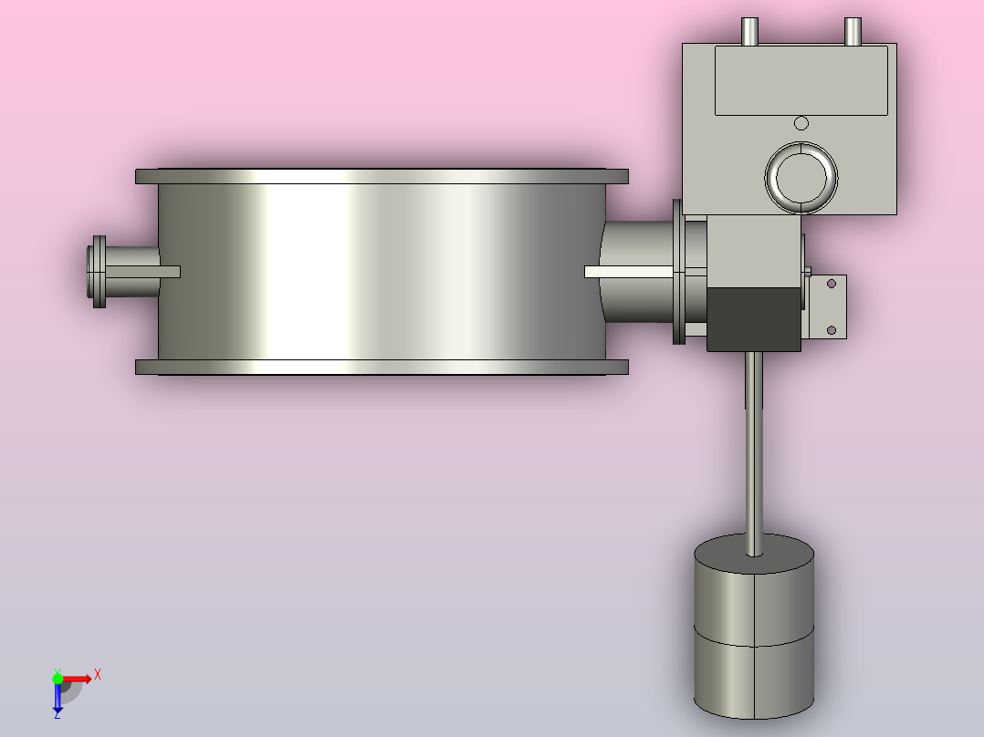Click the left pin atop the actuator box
[750, 31]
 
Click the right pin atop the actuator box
[853, 31]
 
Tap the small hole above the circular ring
[801, 123]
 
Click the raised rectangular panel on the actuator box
[801, 80]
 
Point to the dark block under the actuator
[754, 320]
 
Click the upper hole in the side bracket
[832, 284]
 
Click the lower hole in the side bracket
[832, 330]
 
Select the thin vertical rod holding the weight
[754, 452]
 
